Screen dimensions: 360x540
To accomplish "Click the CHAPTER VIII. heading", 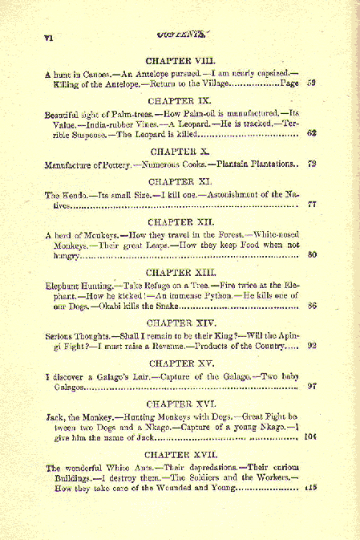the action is pos(180,60).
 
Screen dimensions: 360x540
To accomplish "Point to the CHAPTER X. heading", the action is pos(180,151).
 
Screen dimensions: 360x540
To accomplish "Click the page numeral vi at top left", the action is pos(48,37).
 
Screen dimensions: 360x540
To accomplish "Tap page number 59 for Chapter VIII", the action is pos(312,83).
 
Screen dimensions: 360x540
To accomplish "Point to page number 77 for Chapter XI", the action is pos(312,205).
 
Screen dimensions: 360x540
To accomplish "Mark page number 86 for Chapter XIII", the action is pos(312,306).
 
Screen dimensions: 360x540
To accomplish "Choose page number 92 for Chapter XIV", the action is pos(312,346).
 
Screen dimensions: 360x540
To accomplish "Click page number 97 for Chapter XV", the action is pos(312,387).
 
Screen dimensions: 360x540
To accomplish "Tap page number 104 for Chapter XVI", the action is pos(311,437).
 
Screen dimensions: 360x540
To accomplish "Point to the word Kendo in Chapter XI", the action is pos(71,195).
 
